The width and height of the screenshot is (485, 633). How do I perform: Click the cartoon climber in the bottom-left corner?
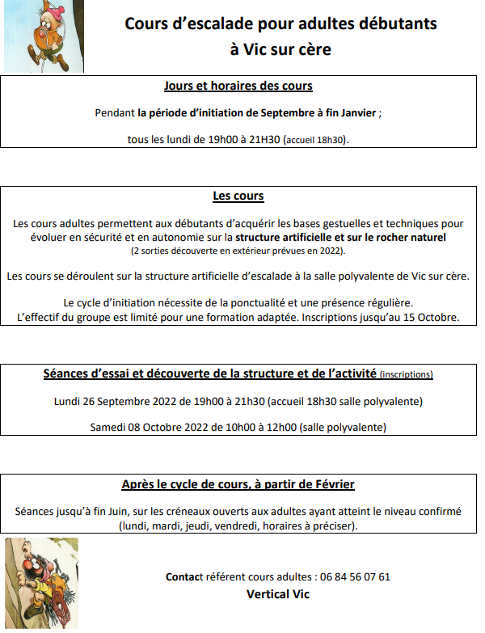point(41,582)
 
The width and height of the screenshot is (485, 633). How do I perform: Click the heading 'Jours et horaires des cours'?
point(238,86)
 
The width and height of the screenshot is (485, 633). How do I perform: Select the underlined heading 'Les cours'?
point(238,196)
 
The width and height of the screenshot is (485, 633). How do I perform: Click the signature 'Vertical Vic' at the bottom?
point(278,594)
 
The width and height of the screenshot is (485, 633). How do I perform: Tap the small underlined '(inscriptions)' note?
point(406,374)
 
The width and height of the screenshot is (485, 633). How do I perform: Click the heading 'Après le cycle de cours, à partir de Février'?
point(238,485)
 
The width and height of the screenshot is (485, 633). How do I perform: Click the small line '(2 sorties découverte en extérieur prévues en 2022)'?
point(238,251)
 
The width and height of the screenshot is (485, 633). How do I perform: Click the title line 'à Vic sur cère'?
point(280,49)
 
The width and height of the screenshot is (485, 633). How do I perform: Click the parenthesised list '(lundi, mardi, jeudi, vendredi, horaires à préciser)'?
point(238,526)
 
